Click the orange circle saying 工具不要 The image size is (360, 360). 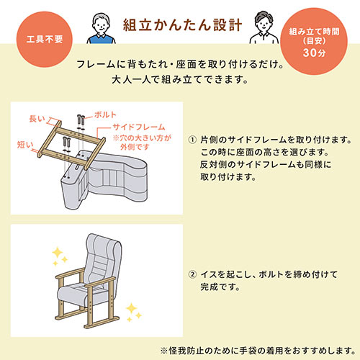45,40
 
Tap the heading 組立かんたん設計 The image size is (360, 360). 182,25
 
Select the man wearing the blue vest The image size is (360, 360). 101,28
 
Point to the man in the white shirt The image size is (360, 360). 264,27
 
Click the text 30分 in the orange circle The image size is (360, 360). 314,53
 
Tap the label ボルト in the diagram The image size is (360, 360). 105,114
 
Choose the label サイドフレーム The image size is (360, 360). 139,127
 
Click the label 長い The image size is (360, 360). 37,119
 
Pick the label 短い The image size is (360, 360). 25,145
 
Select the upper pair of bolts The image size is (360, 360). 81,120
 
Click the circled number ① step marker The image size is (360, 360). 192,140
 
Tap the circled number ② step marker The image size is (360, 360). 192,274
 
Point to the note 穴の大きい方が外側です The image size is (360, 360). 142,142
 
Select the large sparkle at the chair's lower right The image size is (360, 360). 131,308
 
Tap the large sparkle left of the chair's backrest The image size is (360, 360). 58,253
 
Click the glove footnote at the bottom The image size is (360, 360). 258,351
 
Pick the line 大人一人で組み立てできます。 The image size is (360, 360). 180,79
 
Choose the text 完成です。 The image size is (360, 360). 220,287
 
